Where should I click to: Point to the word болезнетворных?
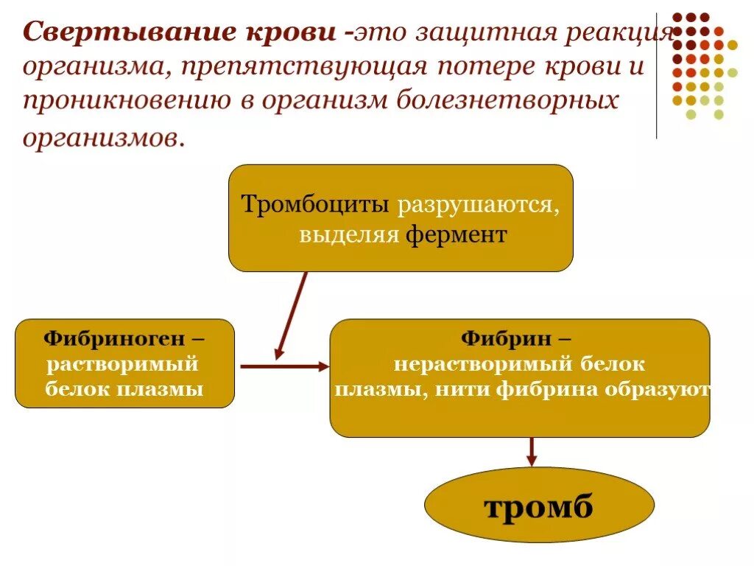(509, 101)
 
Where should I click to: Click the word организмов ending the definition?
(100, 137)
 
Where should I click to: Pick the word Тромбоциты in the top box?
(316, 204)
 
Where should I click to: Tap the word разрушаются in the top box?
(478, 204)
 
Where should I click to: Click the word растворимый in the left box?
(122, 363)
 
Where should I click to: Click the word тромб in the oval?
(538, 506)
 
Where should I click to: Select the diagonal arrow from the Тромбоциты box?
(292, 315)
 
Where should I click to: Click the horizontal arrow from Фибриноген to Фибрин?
(284, 366)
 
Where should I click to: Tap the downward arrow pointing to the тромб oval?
(532, 451)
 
